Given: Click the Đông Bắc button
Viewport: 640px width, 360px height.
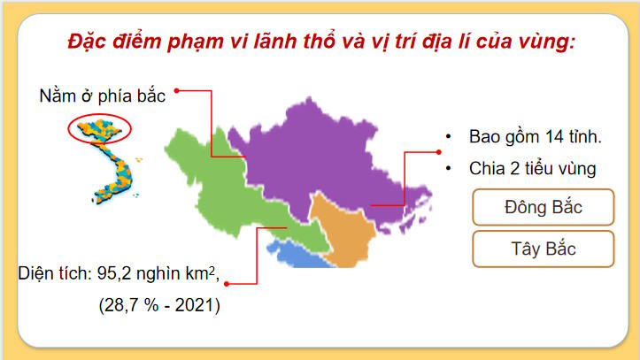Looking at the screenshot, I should [x=543, y=210].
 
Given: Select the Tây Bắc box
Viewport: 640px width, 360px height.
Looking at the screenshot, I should [x=543, y=249].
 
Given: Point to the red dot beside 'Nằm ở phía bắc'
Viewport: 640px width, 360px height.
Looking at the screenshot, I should [x=177, y=90].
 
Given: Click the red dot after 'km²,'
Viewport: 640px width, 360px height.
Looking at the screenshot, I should [x=227, y=282].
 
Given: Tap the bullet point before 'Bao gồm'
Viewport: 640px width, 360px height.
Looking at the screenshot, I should [x=449, y=137].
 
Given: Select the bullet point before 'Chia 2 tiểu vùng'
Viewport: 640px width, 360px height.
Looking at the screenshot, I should [x=449, y=168].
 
